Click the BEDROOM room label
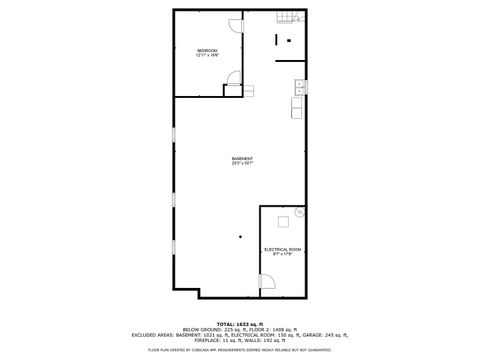tap(207, 50)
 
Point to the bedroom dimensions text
tap(207, 55)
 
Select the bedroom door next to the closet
tap(234, 74)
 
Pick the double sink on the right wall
tap(298, 94)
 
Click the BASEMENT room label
tap(241, 158)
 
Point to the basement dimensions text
tap(241, 163)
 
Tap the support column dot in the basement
tap(240, 236)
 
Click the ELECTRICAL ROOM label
tap(282, 249)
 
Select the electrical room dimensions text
tap(282, 254)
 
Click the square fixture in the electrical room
tap(283, 222)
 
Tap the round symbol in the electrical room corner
tap(299, 212)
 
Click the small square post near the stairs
tap(289, 40)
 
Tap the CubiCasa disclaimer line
tap(240, 350)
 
